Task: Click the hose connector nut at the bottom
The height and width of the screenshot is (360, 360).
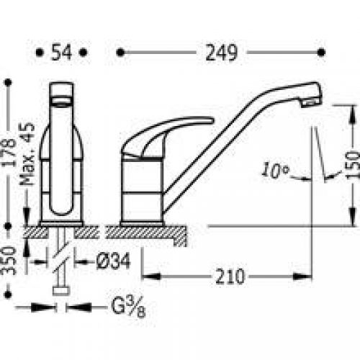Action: [62, 291]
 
